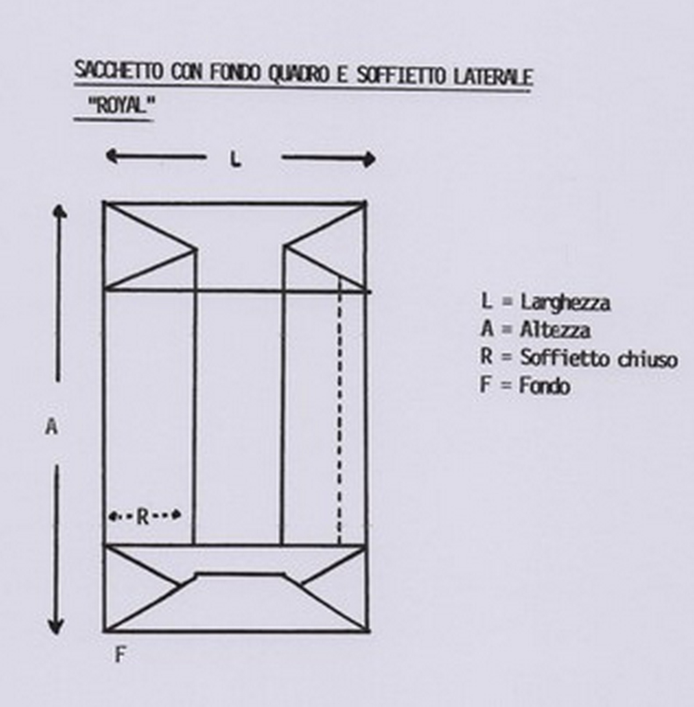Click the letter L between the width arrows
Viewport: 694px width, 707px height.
coord(236,160)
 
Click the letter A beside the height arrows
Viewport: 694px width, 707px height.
coord(52,426)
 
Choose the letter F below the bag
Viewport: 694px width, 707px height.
coord(120,655)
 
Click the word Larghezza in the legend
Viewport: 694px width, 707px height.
coord(565,303)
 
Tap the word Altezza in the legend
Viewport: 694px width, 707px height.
coord(555,329)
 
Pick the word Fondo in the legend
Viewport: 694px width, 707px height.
coord(544,386)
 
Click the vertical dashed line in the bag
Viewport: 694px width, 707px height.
coord(340,411)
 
